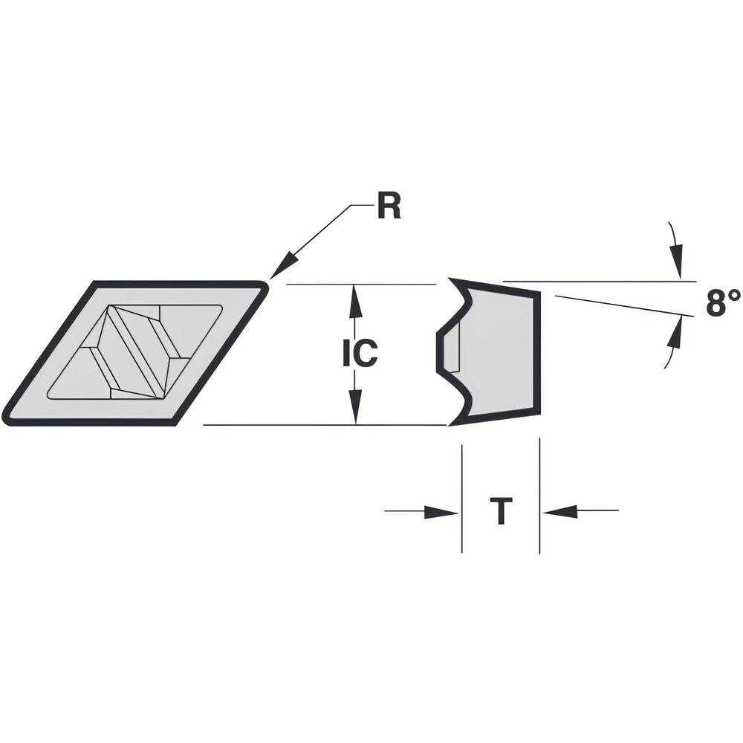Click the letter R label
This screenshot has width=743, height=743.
(x=388, y=207)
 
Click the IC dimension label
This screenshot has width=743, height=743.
(x=360, y=354)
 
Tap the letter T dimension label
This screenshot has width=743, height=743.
(x=502, y=512)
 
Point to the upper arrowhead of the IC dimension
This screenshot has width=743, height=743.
(x=355, y=294)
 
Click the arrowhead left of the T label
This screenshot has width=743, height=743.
(x=446, y=511)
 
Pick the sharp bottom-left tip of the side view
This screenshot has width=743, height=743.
(x=450, y=424)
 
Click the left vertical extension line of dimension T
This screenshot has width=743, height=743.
(x=462, y=498)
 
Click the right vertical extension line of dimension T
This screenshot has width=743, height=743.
(x=539, y=498)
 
